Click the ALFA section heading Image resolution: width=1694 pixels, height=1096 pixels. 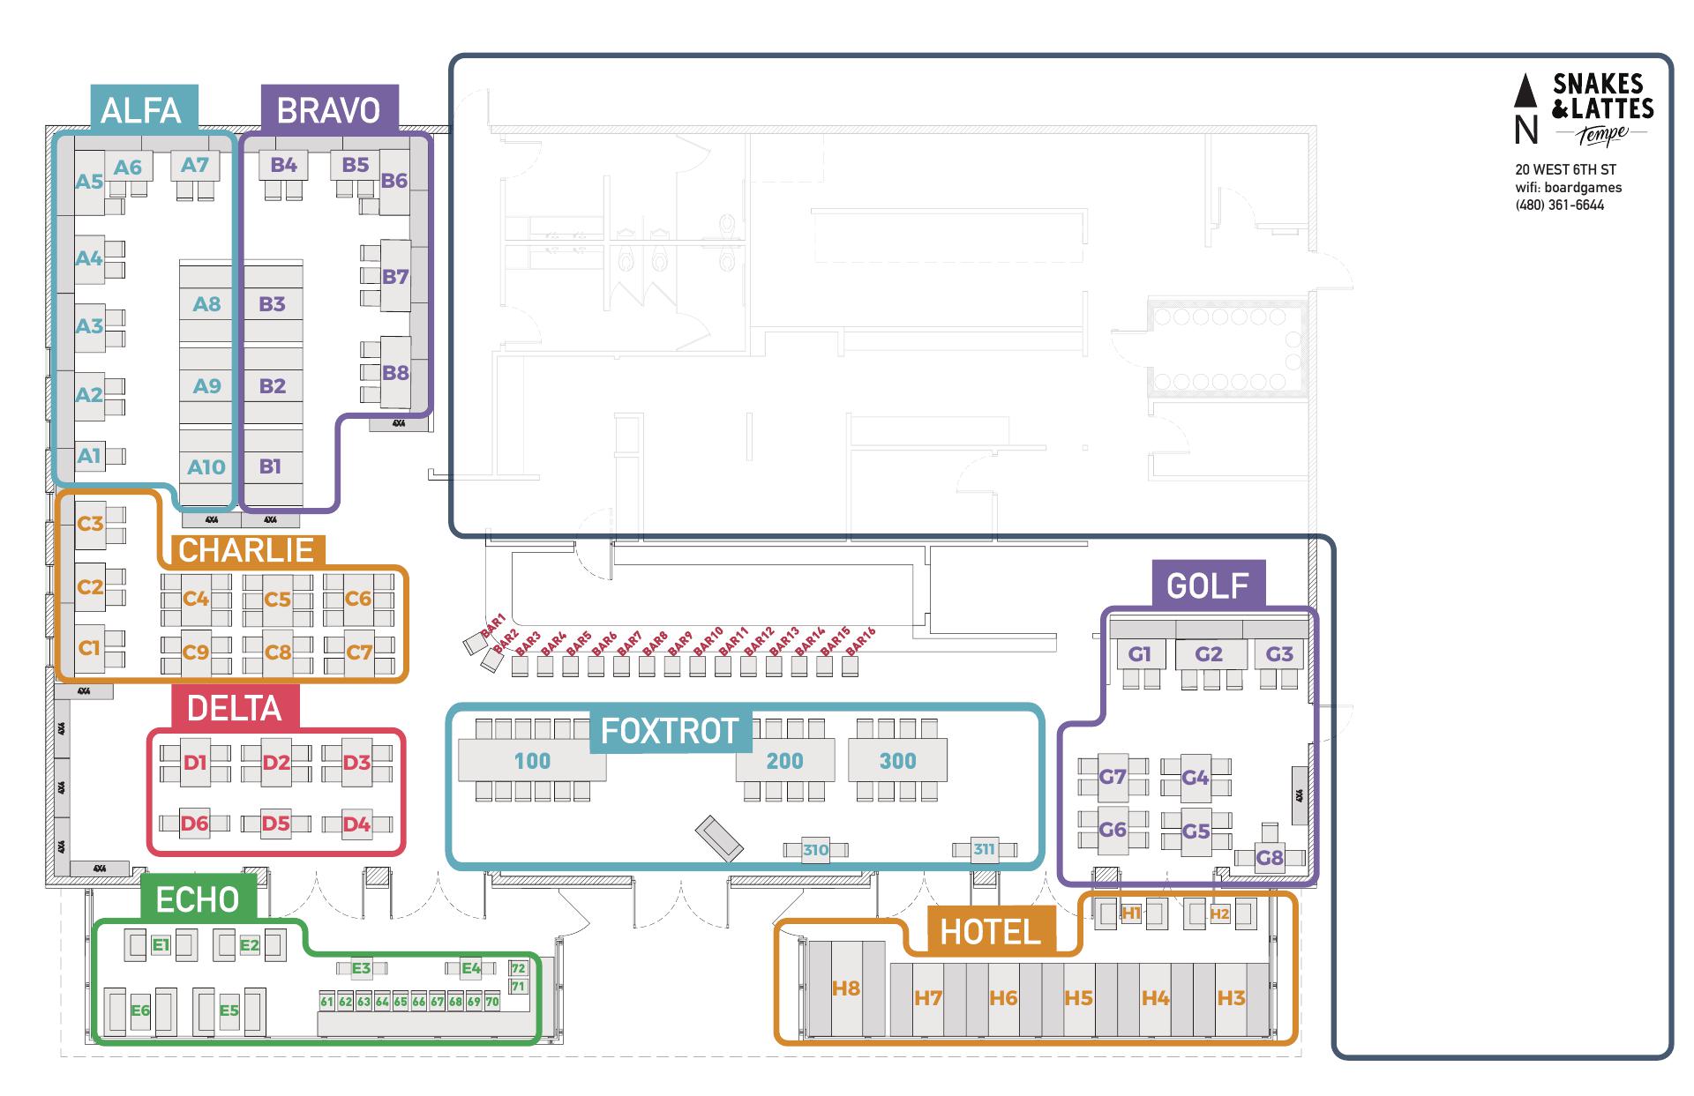(x=141, y=110)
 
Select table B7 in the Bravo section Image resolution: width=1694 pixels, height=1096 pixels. (x=395, y=277)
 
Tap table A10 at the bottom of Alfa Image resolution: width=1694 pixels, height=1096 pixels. (x=206, y=466)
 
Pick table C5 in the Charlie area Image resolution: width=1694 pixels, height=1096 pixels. (x=277, y=600)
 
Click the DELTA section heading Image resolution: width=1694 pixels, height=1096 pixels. (x=234, y=709)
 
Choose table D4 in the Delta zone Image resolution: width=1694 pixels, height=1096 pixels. (x=356, y=824)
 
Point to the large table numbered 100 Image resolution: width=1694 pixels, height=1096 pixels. (x=532, y=761)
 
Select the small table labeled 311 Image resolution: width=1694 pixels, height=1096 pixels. (x=984, y=850)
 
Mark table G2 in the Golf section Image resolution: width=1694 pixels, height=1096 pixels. (x=1209, y=654)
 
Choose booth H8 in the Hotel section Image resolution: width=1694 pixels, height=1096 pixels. (x=846, y=988)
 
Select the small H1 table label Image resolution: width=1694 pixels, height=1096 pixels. (x=1131, y=913)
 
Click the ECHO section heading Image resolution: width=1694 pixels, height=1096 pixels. (x=198, y=900)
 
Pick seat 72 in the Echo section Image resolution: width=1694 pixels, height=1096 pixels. (x=518, y=969)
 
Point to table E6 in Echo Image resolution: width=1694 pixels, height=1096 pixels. (x=140, y=1011)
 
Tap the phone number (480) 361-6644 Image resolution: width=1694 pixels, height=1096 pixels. (x=1559, y=205)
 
